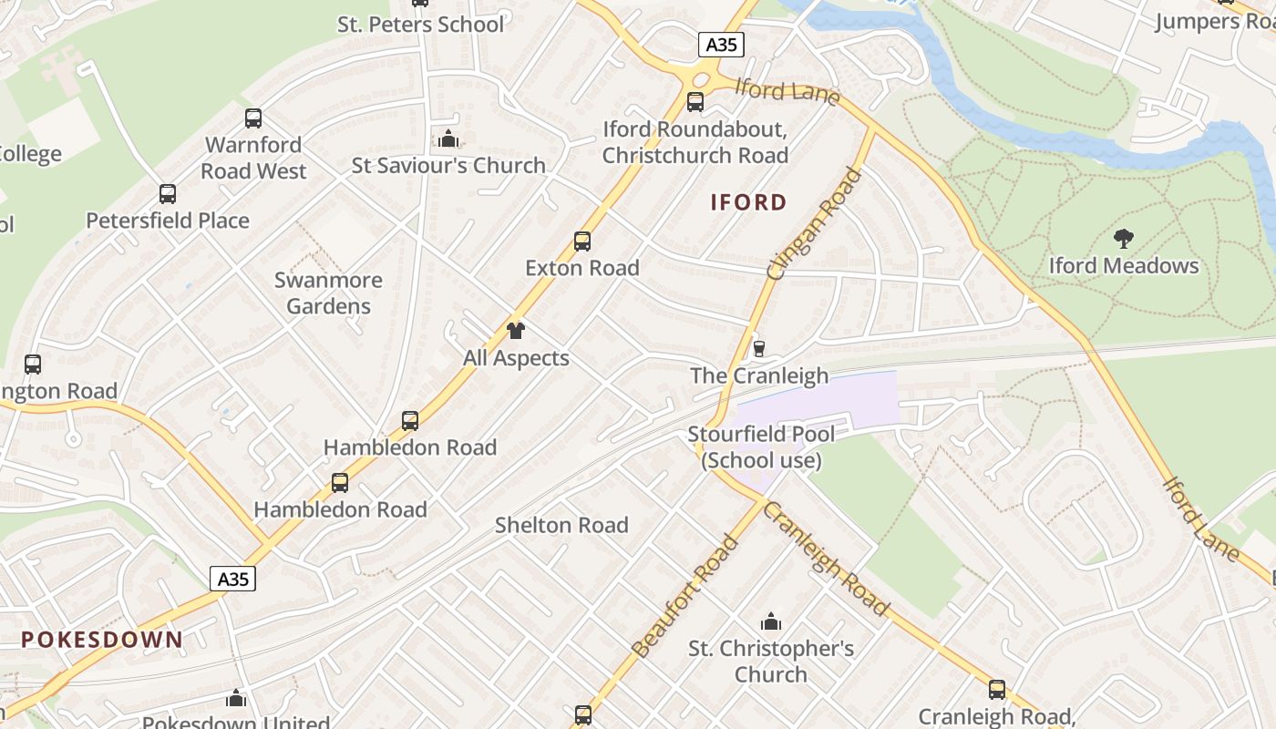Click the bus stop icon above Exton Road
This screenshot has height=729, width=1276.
click(582, 241)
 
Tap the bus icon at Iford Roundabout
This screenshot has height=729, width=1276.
click(695, 101)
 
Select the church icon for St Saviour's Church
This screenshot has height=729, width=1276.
click(448, 139)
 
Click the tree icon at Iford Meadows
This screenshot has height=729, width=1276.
click(1124, 239)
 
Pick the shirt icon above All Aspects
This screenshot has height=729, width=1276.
click(516, 331)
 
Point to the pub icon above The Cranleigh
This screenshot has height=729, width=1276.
click(758, 348)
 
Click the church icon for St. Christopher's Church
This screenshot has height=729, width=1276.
click(771, 622)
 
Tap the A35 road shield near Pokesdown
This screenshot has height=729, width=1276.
click(232, 579)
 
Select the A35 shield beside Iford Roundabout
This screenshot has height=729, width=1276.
click(722, 45)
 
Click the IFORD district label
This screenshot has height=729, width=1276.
click(748, 202)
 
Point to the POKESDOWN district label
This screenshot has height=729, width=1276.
click(102, 640)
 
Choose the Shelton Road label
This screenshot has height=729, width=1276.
click(561, 525)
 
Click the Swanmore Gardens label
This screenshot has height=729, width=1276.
click(328, 293)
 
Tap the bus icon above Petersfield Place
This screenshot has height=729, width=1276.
click(168, 193)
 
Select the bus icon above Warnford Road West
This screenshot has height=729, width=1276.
click(253, 118)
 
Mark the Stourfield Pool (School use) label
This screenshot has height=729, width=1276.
click(761, 447)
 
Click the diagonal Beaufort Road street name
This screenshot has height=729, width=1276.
click(684, 597)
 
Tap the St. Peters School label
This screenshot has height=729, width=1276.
click(420, 25)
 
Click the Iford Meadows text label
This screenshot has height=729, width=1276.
click(1124, 266)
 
